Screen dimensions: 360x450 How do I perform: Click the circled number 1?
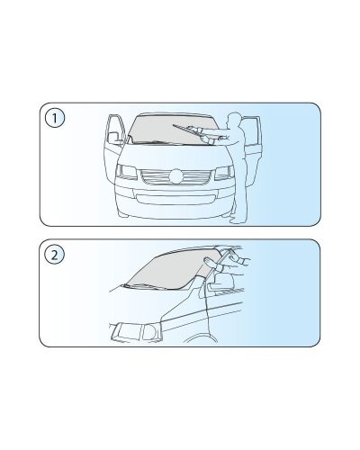[55, 118]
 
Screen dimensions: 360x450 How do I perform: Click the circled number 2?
[54, 256]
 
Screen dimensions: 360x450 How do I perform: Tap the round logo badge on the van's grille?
[175, 176]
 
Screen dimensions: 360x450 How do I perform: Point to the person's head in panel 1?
[235, 119]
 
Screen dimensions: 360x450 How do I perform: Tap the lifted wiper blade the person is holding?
[186, 129]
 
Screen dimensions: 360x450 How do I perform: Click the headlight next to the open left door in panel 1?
[126, 172]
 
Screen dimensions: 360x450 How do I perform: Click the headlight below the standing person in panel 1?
[224, 172]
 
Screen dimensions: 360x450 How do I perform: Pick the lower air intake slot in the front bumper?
[175, 200]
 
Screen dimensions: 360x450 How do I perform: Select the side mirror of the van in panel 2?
[221, 282]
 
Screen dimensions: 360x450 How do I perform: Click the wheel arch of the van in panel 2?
[201, 338]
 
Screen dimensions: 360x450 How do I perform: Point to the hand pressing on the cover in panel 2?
[211, 263]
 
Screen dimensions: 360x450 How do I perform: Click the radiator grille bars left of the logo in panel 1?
[154, 176]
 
